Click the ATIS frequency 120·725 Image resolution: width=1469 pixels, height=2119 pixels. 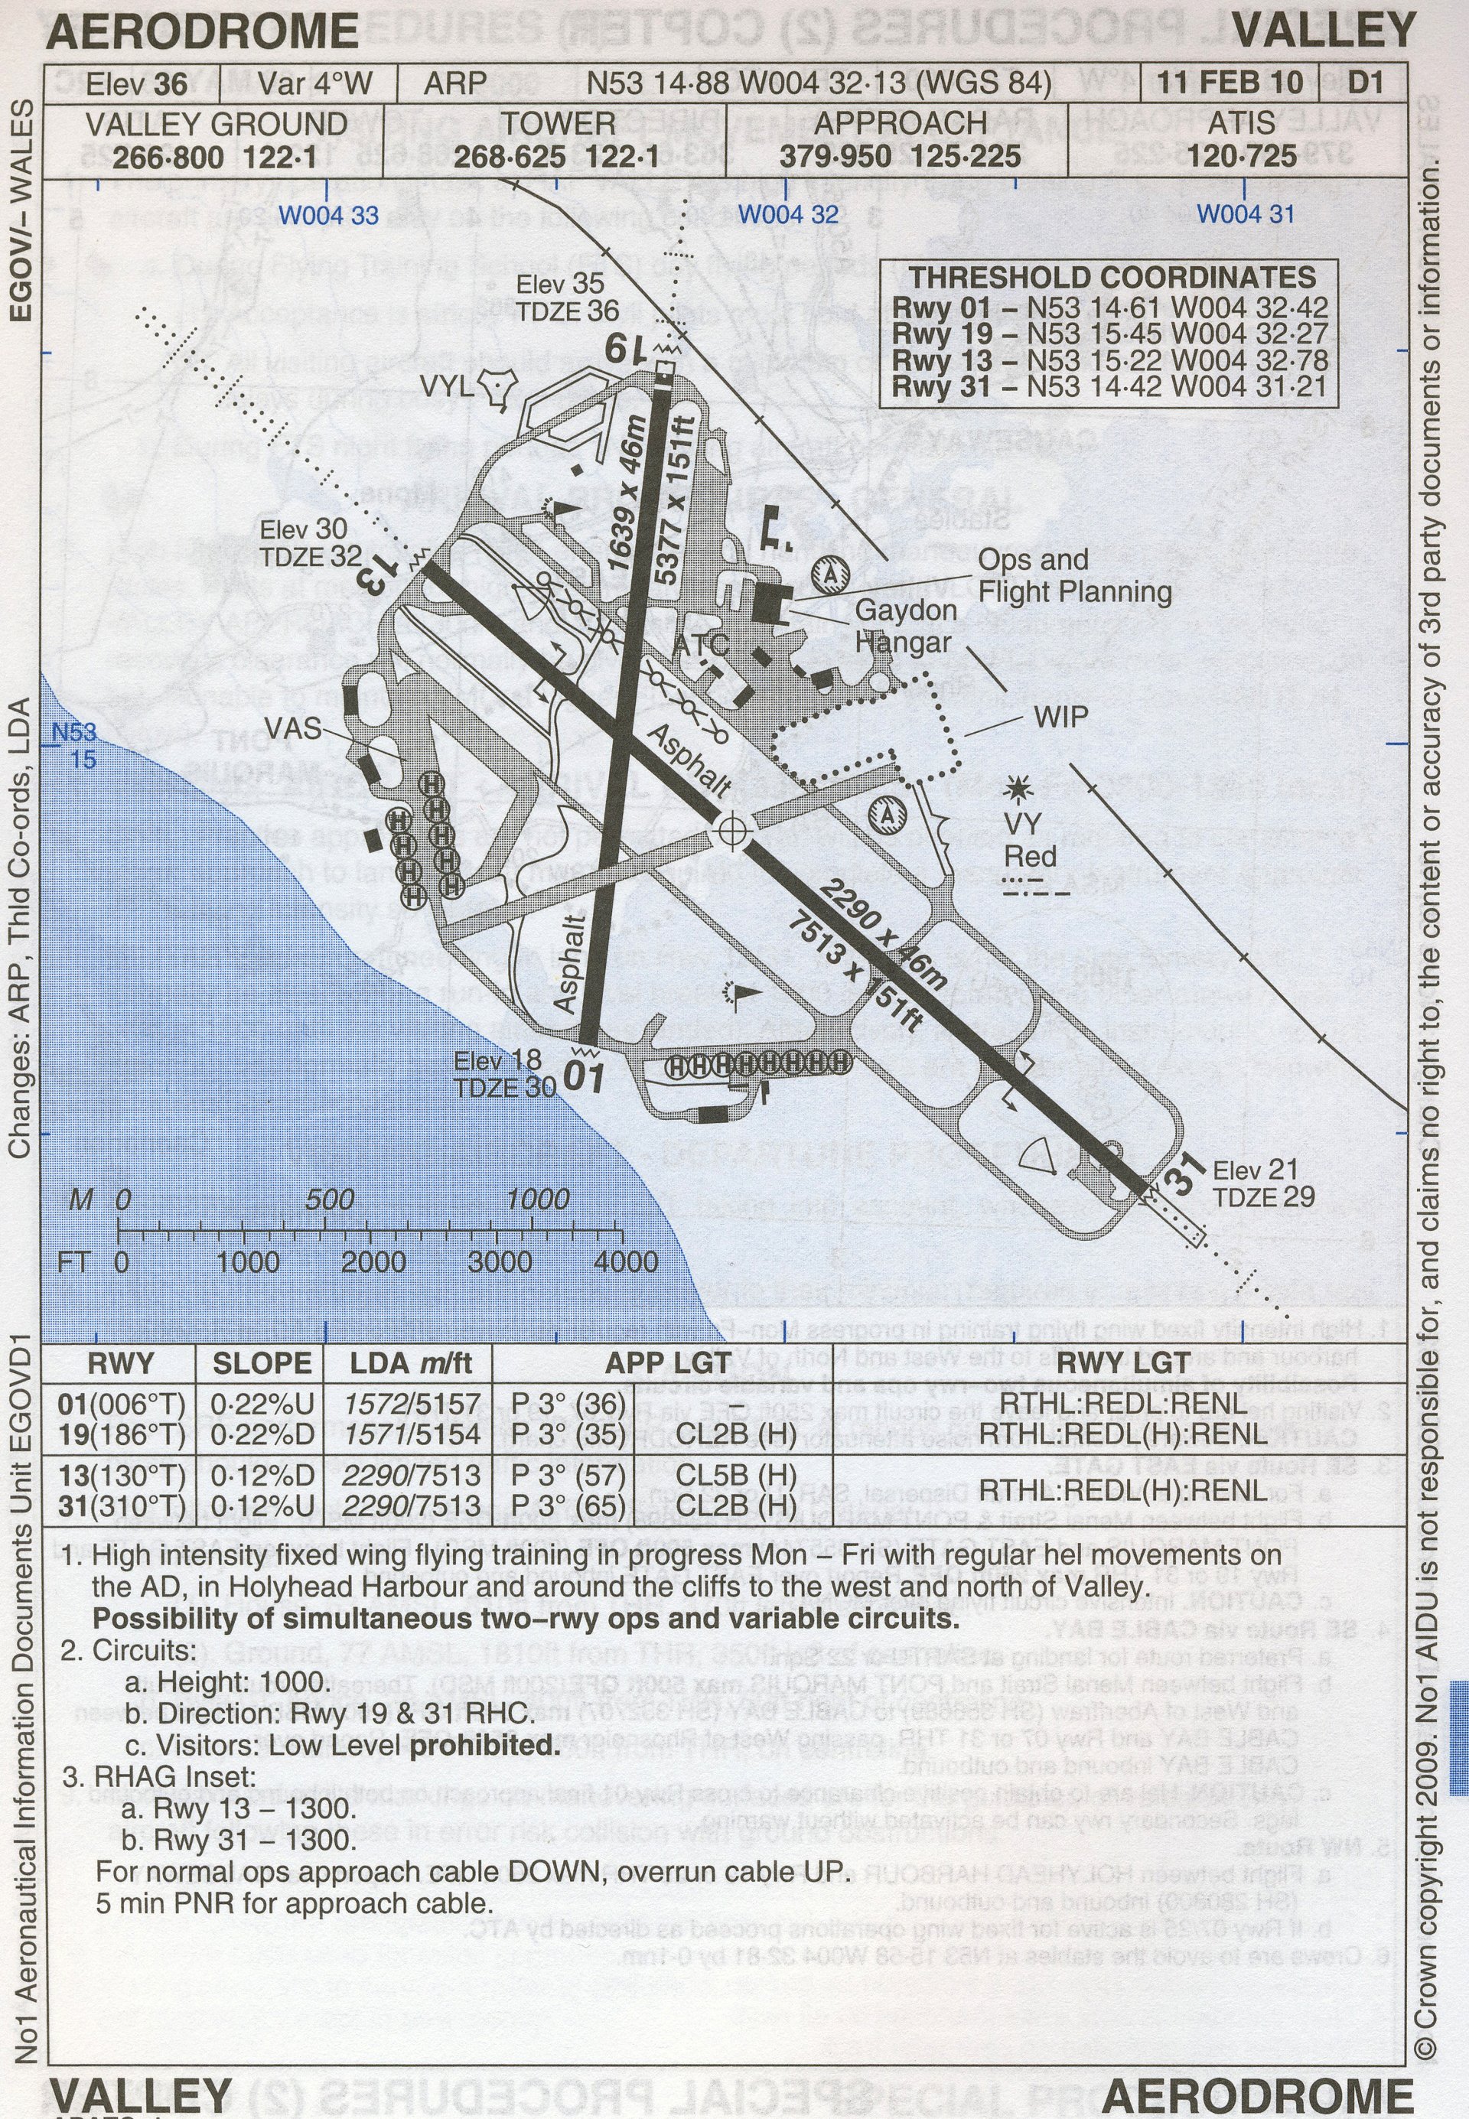[x=1243, y=155]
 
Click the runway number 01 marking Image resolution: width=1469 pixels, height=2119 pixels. [x=585, y=1076]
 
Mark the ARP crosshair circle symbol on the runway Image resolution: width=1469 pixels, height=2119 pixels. [x=731, y=832]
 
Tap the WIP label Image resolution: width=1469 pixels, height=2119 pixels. [x=1060, y=717]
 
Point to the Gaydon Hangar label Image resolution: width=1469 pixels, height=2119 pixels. [x=906, y=626]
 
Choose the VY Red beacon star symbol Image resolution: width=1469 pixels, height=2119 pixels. [x=1019, y=789]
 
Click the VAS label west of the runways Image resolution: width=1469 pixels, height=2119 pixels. [x=293, y=729]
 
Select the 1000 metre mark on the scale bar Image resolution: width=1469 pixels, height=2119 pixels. [x=538, y=1199]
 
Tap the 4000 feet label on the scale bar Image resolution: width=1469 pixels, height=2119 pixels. [x=625, y=1261]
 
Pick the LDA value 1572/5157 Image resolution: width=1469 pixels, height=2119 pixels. [x=412, y=1404]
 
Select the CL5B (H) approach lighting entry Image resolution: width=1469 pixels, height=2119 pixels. [x=735, y=1475]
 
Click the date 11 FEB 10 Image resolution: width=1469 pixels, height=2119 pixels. [x=1229, y=83]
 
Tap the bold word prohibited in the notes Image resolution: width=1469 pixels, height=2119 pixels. [x=484, y=1746]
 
